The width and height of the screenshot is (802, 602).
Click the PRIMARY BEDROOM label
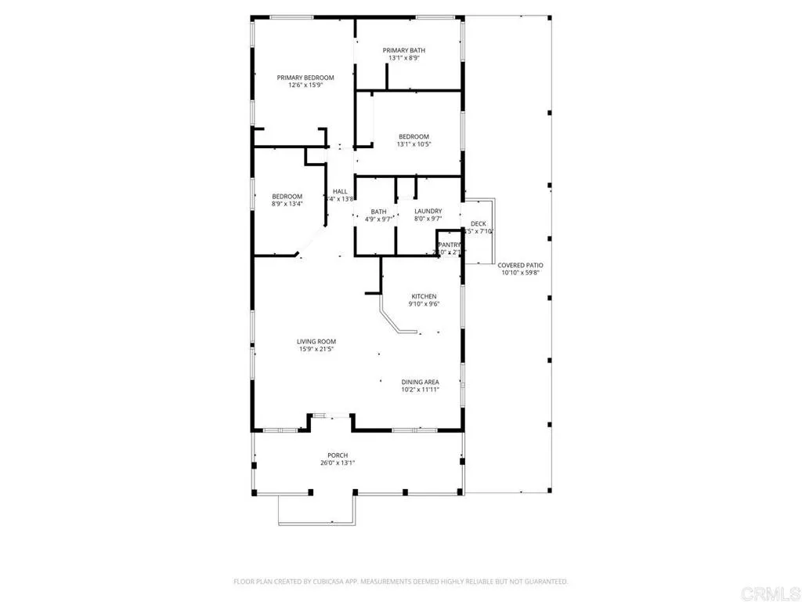(305, 78)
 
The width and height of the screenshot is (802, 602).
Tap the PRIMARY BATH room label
(404, 51)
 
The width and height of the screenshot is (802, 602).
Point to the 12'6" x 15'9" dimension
(305, 85)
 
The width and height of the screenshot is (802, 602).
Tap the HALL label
(340, 191)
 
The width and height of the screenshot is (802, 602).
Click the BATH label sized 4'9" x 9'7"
(379, 212)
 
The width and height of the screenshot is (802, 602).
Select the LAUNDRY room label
(428, 211)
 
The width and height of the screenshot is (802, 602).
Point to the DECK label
(478, 224)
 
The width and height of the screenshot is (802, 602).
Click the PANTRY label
(450, 245)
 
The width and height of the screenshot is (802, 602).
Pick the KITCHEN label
(424, 296)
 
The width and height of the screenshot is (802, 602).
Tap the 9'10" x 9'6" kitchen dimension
(424, 304)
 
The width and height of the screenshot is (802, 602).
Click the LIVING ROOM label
(316, 341)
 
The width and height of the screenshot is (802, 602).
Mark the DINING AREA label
(421, 381)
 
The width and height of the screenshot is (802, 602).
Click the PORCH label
(338, 455)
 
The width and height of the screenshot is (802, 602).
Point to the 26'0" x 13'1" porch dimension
(338, 463)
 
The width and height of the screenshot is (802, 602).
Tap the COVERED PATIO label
(522, 266)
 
